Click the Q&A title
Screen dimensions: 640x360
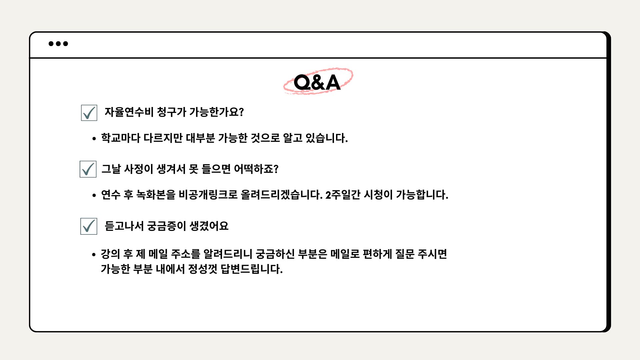pos(317,82)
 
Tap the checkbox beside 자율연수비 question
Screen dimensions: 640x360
pos(89,113)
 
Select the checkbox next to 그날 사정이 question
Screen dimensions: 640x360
pos(88,169)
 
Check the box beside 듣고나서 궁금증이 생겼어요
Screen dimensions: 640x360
pos(89,226)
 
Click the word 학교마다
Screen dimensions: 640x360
pos(121,138)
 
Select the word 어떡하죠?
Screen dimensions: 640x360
pos(256,169)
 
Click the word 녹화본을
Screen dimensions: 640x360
pos(156,195)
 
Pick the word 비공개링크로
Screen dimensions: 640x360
pos(208,195)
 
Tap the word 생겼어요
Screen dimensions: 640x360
pos(209,226)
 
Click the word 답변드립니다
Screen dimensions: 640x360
pos(252,269)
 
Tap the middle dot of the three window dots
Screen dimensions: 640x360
pos(58,44)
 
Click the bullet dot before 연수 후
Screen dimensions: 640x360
pos(94,196)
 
